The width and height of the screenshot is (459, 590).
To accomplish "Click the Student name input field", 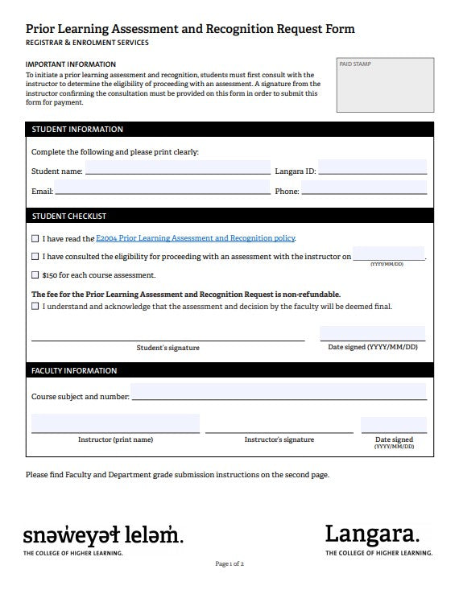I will (177, 168).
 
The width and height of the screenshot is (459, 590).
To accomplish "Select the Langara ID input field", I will (372, 168).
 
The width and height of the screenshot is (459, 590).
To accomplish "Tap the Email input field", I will (162, 188).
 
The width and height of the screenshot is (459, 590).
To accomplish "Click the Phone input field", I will (364, 188).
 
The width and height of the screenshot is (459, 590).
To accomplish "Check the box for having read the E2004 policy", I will (35, 238).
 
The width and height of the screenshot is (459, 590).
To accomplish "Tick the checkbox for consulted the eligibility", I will (35, 257).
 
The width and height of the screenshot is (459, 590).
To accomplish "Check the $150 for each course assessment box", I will (35, 274).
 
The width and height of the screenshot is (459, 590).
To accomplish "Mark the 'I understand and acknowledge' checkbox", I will (35, 307).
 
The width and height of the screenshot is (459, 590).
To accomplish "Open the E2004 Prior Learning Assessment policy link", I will (196, 238).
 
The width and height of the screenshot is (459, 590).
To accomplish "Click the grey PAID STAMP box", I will (383, 85).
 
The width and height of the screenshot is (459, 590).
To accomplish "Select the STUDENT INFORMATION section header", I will (77, 130).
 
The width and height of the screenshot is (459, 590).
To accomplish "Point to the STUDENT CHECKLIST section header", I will (69, 217).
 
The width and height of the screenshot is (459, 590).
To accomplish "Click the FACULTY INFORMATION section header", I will (74, 371).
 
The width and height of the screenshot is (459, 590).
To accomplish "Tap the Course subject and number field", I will (278, 392).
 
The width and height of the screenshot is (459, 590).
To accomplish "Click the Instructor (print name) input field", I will (115, 423).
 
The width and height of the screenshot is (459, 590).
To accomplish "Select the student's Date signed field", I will (372, 333).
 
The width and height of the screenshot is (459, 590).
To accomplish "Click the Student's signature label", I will (167, 348).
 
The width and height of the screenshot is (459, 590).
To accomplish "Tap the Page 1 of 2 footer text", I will (229, 564).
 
